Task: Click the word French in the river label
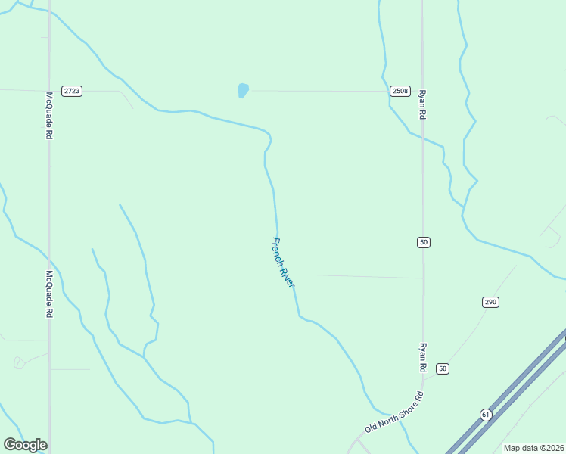pos(277,250)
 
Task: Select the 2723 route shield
pos(72,91)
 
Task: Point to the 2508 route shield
pos(400,91)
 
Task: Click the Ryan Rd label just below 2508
pos(423,104)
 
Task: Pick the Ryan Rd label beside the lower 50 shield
pos(423,356)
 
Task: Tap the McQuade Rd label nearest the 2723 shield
pos(49,116)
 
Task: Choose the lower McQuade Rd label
pos(49,294)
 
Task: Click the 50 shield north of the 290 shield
pos(423,242)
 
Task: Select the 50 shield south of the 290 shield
pos(443,368)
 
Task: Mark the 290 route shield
pos(490,302)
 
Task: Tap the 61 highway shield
pos(485,415)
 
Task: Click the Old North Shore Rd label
pos(394,412)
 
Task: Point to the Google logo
pos(25,445)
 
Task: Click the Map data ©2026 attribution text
pos(534,448)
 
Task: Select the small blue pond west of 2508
pos(243,91)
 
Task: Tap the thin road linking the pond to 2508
pos(318,91)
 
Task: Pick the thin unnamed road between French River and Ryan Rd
pos(367,276)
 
